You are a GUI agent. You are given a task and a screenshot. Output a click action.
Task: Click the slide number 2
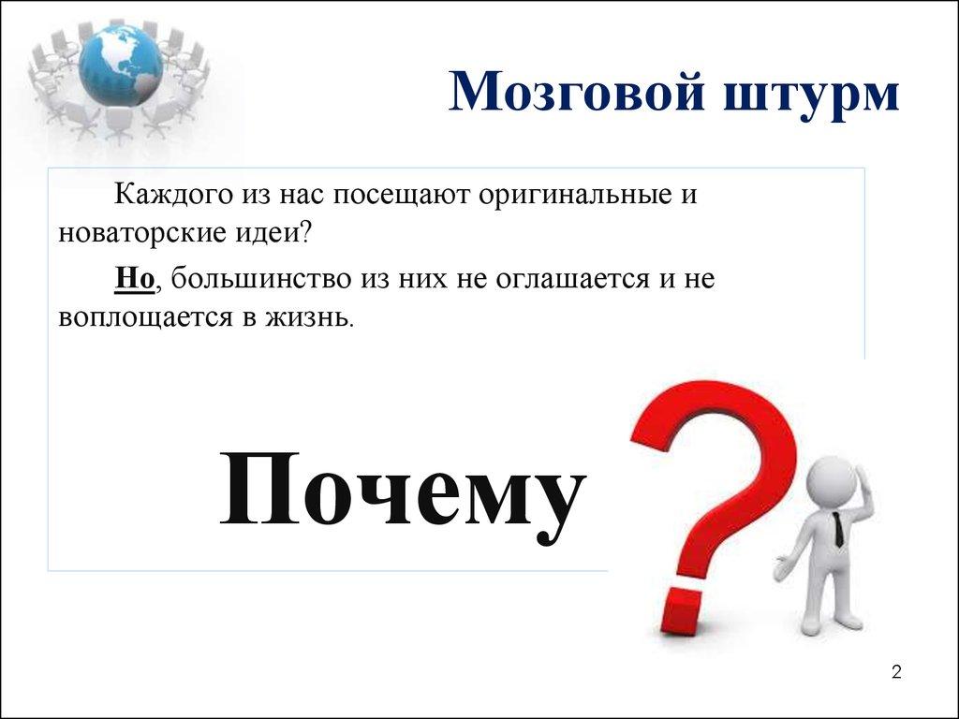click(896, 672)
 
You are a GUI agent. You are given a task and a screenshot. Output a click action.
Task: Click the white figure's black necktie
click(838, 532)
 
